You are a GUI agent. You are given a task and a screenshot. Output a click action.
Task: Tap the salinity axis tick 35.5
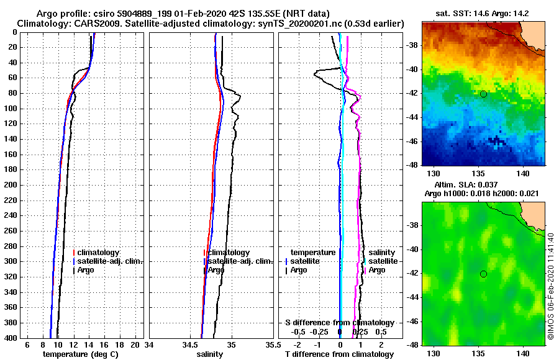pyautogui.click(x=270, y=344)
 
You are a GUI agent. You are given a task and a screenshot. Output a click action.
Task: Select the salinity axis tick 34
pyautogui.click(x=150, y=344)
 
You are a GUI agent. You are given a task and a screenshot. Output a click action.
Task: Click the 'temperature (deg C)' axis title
pyautogui.click(x=80, y=354)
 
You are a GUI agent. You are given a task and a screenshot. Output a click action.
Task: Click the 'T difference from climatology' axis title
pyautogui.click(x=339, y=354)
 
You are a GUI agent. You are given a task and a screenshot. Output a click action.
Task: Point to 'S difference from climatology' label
pyautogui.click(x=339, y=323)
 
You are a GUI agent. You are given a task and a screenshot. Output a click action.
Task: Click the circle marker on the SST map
pyautogui.click(x=483, y=94)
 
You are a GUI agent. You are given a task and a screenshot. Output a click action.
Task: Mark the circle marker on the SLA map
pyautogui.click(x=483, y=274)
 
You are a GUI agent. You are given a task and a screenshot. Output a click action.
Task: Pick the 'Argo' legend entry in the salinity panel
pyautogui.click(x=216, y=270)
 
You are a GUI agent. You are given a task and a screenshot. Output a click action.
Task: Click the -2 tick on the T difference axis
pyautogui.click(x=298, y=344)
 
